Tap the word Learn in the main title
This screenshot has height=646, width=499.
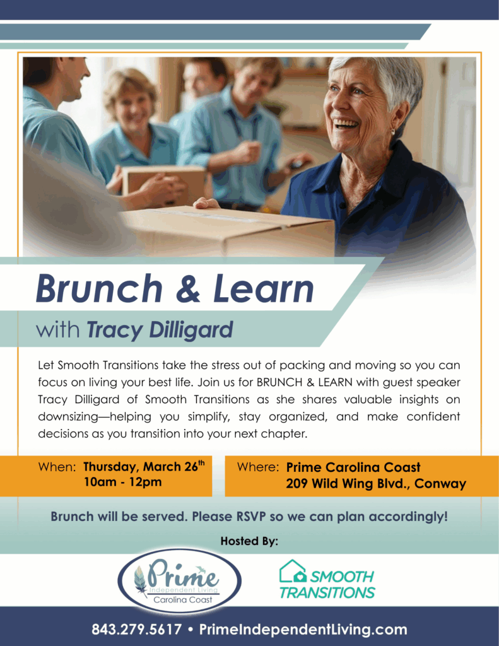[263, 289]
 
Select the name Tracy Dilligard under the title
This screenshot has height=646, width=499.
[160, 329]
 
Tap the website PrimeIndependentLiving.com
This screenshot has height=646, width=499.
[303, 629]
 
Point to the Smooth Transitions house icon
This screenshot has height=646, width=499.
[292, 571]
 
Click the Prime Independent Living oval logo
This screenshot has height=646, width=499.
[179, 581]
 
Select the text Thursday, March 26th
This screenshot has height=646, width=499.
[144, 467]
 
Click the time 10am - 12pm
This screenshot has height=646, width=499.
[122, 483]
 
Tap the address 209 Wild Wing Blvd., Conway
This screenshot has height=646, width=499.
[376, 484]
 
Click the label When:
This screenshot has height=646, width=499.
[57, 467]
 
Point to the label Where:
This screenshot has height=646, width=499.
[257, 467]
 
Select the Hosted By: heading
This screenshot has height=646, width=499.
[249, 541]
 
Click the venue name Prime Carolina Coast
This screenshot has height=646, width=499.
[353, 467]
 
